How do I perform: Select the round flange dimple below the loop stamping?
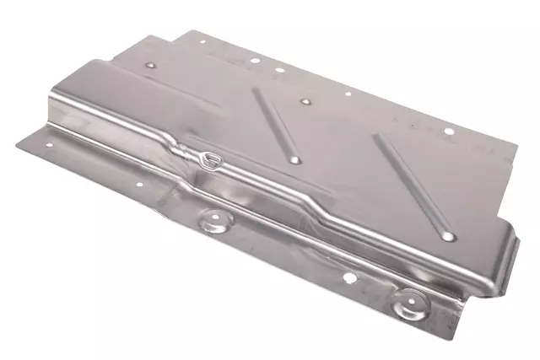(x=216, y=221)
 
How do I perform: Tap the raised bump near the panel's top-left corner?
(x=149, y=63)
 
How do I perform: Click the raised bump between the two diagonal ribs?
(x=305, y=102)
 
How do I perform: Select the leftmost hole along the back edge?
(x=201, y=44)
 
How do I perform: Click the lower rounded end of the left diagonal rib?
(x=294, y=159)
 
